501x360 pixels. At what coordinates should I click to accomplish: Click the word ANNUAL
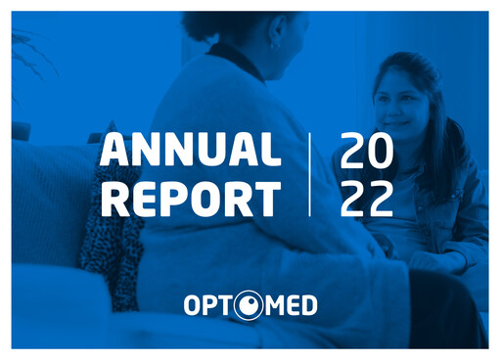190,151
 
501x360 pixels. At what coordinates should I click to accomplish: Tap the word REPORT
190,199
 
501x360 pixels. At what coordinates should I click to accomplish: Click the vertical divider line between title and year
310,174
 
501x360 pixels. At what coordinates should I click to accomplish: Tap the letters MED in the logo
291,307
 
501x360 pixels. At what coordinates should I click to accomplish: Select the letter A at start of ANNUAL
114,151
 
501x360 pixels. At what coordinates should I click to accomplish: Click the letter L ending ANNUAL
271,151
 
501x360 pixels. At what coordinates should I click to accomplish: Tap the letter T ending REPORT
267,199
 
